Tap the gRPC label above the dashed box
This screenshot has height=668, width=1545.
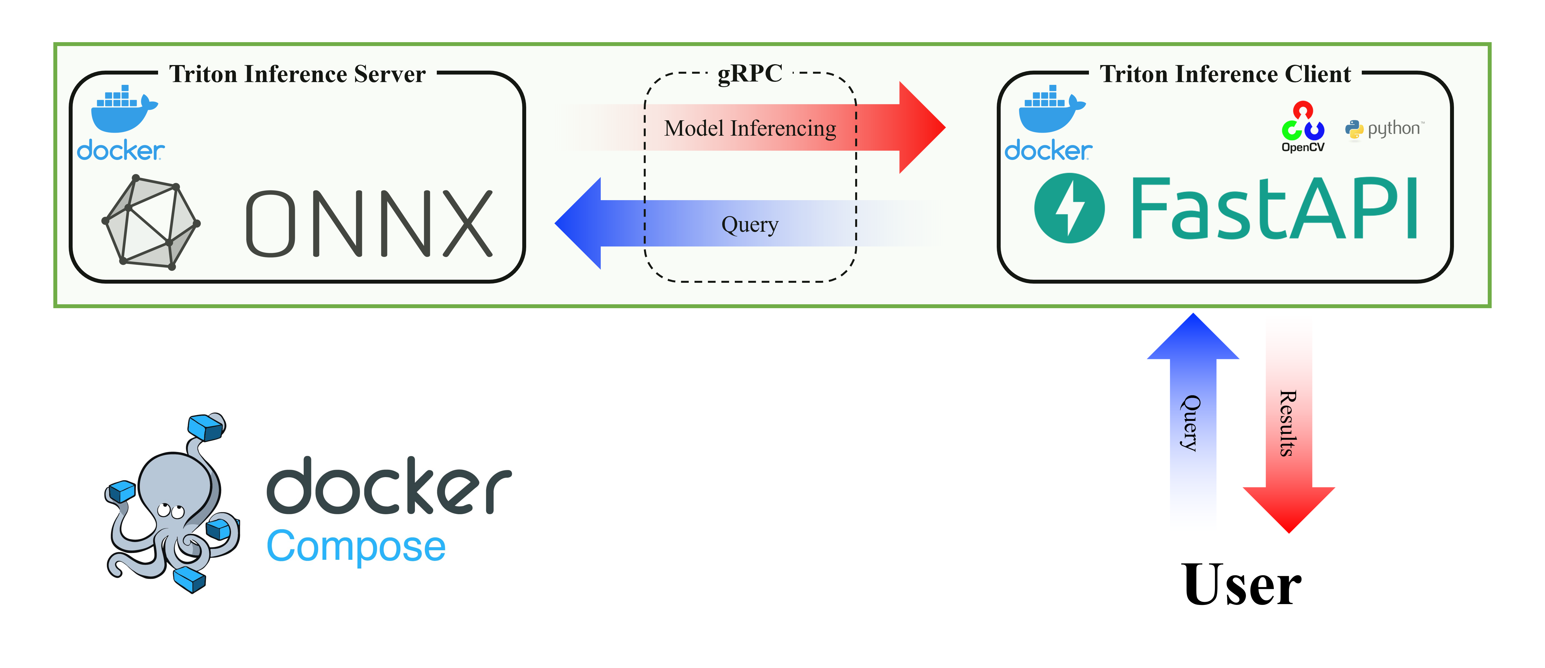pyautogui.click(x=750, y=73)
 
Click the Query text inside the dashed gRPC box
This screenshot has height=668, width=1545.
pyautogui.click(x=750, y=224)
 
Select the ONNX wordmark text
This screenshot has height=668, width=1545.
pyautogui.click(x=369, y=224)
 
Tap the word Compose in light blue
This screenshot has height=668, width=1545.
pyautogui.click(x=356, y=546)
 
